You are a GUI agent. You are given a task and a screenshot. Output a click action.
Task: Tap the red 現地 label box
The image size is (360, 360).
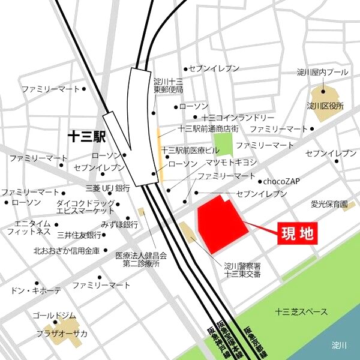[297, 233]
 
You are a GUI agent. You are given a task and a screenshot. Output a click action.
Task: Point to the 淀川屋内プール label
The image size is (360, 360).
[322, 72]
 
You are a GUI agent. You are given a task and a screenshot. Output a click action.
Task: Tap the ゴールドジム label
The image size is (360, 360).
[54, 316]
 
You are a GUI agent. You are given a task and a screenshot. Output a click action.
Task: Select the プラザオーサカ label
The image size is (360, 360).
[62, 334]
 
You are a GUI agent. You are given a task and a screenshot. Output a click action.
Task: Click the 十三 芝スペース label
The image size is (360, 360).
[301, 312]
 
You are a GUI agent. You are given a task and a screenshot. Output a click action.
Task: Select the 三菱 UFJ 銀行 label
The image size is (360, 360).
[108, 188]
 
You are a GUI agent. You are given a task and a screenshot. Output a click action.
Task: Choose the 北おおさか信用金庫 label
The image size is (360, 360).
[65, 250]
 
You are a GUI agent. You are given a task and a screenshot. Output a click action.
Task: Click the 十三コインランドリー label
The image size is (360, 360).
[238, 118]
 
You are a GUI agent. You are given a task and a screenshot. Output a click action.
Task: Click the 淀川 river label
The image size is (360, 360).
[340, 345]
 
